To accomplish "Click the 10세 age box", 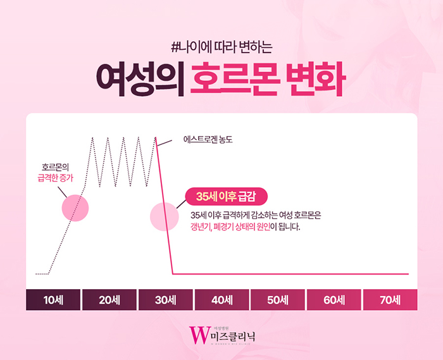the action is [53, 299].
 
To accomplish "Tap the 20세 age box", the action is [109, 299].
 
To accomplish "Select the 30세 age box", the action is [166, 299].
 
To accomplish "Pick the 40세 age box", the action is [221, 299].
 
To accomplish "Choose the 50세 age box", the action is [278, 299].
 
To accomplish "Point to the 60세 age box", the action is [334, 299].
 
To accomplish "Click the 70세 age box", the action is [390, 299].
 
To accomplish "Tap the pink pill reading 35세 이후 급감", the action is [227, 196].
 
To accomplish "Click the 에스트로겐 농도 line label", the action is [208, 139].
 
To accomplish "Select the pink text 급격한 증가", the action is [56, 178].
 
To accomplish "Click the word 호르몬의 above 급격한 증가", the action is [56, 167].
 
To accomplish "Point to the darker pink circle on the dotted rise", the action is [75, 208].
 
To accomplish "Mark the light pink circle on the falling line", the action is [164, 216].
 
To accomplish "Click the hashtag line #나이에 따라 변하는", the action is [221, 47].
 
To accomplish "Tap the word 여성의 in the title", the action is [140, 79].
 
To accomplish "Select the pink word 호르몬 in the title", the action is [235, 79].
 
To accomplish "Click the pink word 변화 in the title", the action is [316, 79].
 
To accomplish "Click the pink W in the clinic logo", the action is [200, 335].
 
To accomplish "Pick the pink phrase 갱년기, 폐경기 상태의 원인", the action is [230, 227].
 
